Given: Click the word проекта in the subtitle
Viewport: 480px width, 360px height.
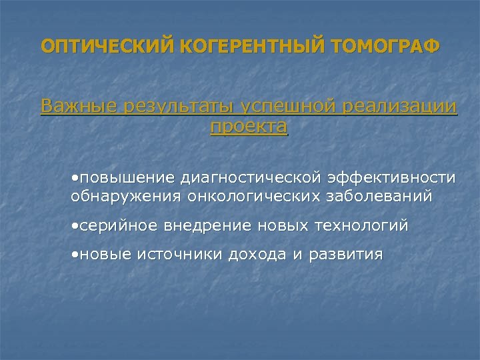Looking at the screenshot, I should (249, 127).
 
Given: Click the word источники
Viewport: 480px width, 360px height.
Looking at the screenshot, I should (179, 255).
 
